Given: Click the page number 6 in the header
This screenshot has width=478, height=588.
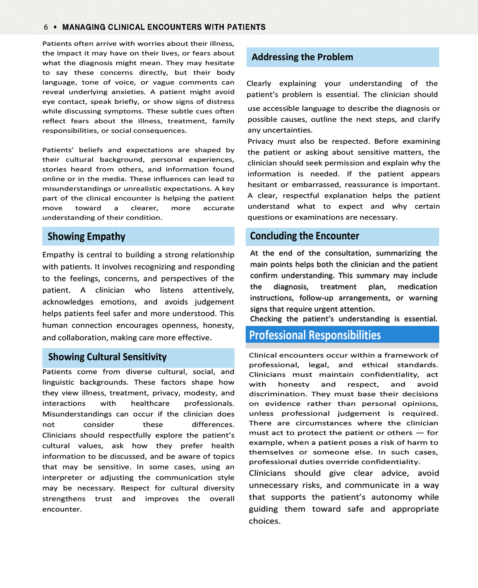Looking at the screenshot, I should coord(46,27).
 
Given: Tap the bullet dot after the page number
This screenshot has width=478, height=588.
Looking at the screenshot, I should coord(55,27).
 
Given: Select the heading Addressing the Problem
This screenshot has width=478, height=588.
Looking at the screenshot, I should coord(302,57).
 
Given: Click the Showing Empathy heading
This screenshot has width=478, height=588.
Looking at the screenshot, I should coord(86,237).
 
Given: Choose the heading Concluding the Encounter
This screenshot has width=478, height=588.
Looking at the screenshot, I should coord(304,236).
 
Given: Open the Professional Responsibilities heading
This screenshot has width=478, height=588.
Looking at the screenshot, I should coord(315,335).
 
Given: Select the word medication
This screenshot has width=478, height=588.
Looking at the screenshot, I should coord(417,287).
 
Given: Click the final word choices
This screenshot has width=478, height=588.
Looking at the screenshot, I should coord(264,521).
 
